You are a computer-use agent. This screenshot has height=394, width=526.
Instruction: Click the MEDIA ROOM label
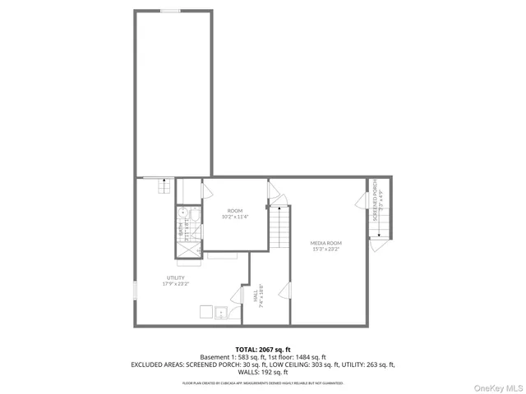(x=326, y=244)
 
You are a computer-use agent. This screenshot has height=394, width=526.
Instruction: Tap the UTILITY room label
(x=174, y=278)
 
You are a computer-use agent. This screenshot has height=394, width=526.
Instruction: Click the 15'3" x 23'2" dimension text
(x=326, y=249)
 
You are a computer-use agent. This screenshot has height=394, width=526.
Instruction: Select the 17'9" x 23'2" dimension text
(x=174, y=284)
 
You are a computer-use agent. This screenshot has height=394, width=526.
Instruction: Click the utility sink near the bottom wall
(x=220, y=313)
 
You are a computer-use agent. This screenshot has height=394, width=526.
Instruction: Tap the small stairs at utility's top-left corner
(x=164, y=186)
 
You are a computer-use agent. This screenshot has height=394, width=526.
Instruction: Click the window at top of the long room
(x=171, y=11)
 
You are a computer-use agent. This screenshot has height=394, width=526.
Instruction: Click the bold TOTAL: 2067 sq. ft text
(x=263, y=349)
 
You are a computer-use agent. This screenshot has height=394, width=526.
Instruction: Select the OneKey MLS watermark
(x=496, y=386)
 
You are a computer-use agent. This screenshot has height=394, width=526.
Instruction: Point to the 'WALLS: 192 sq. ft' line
(x=263, y=372)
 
